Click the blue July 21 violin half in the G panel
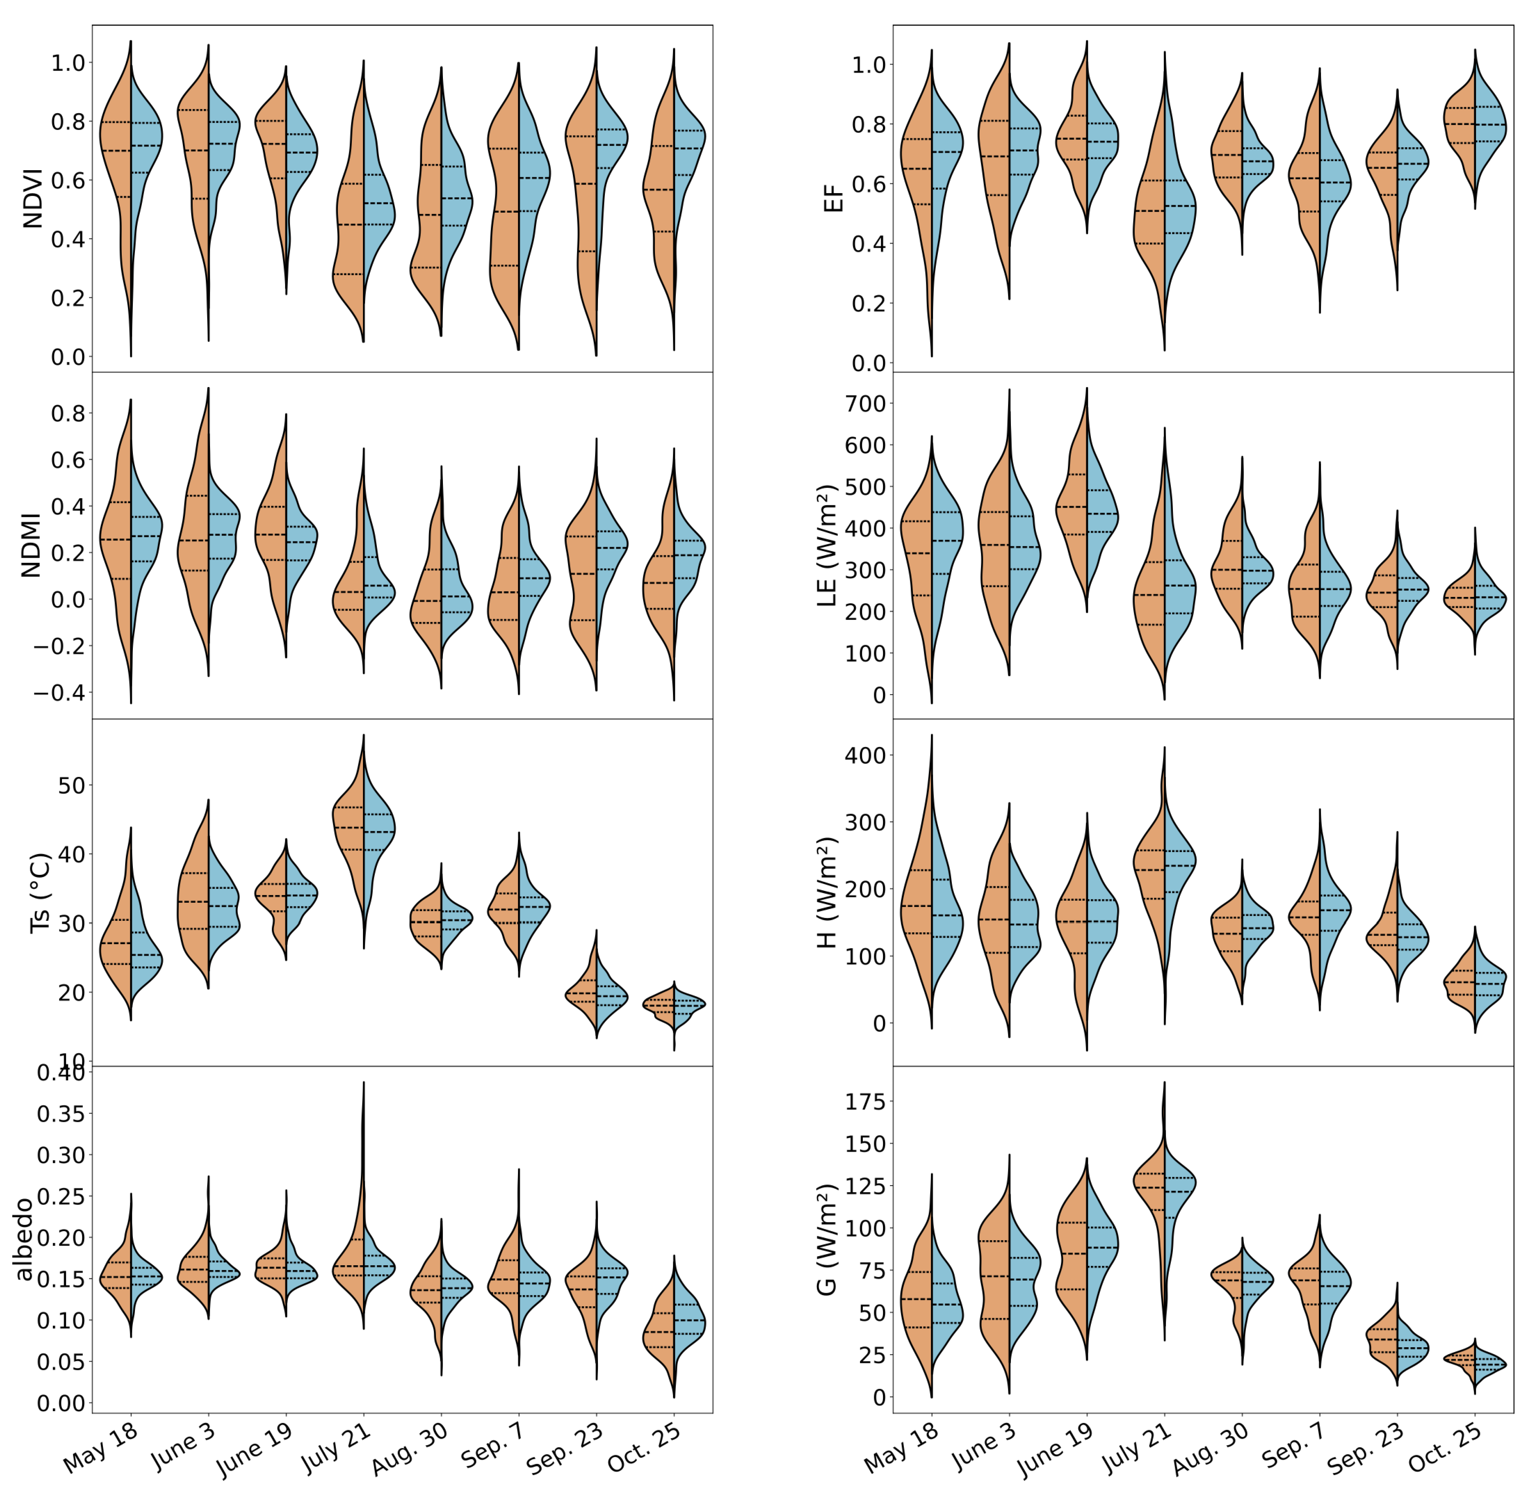pyautogui.click(x=1178, y=1185)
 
